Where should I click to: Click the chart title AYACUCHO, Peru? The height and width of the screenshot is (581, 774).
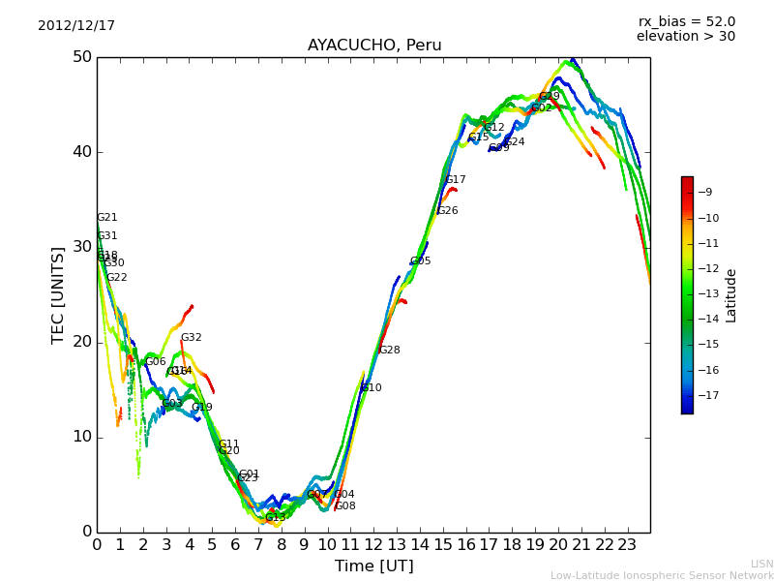(x=374, y=46)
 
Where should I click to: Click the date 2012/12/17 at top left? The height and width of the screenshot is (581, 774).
(x=76, y=26)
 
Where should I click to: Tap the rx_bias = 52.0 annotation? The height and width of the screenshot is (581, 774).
(x=686, y=22)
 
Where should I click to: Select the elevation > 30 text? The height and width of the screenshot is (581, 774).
(x=685, y=37)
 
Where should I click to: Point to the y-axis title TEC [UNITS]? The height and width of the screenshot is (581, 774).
(x=58, y=294)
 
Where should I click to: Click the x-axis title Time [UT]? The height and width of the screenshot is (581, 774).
(x=373, y=566)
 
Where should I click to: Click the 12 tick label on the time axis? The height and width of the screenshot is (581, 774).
(x=373, y=544)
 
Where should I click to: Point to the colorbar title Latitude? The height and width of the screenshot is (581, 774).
(x=731, y=294)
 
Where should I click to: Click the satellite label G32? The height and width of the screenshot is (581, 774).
(x=191, y=338)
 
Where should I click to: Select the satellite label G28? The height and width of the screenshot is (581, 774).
(x=389, y=351)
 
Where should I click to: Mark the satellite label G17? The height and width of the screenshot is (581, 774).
(x=455, y=180)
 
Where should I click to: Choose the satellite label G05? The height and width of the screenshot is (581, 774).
(x=420, y=261)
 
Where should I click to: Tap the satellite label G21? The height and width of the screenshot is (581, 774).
(x=106, y=218)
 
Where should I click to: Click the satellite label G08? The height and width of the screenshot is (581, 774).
(x=345, y=506)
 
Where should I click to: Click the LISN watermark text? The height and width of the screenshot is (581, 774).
(x=761, y=564)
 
